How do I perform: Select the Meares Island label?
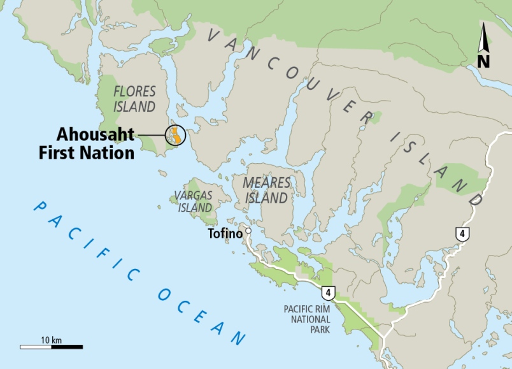pyautogui.click(x=266, y=191)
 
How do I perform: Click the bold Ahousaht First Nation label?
pyautogui.click(x=96, y=143)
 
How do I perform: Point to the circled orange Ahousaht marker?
pyautogui.click(x=174, y=135)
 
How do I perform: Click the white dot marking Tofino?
pyautogui.click(x=248, y=231)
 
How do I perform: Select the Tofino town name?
pyautogui.click(x=225, y=234)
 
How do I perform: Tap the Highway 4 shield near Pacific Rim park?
pyautogui.click(x=328, y=293)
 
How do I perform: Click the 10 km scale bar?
pyautogui.click(x=51, y=347)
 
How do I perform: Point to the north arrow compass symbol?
pyautogui.click(x=483, y=39)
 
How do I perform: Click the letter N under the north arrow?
pyautogui.click(x=483, y=61)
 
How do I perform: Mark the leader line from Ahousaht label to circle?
pyautogui.click(x=151, y=135)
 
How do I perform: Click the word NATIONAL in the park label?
pyautogui.click(x=307, y=319)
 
